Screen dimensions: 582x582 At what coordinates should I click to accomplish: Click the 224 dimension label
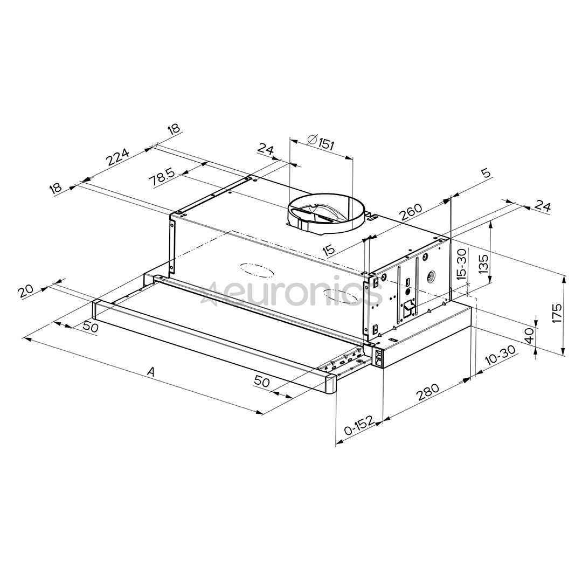118,157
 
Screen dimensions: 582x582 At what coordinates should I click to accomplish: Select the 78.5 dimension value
162,177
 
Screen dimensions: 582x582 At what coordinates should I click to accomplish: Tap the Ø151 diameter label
321,143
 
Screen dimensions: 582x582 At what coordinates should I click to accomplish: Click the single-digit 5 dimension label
486,174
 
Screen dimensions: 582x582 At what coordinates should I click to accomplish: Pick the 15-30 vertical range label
462,265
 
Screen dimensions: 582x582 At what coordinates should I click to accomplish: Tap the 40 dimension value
529,336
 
